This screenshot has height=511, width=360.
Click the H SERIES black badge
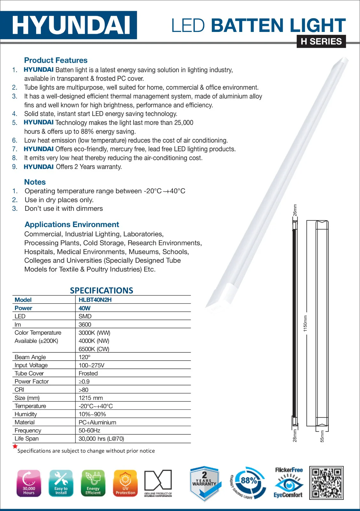[321, 42]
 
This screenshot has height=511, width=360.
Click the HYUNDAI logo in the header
[71, 25]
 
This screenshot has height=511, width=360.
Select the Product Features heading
[56, 60]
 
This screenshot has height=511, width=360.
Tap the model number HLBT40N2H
[95, 300]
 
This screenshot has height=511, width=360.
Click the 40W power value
[84, 308]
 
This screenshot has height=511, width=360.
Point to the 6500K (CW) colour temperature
[94, 349]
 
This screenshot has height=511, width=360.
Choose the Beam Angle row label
[30, 357]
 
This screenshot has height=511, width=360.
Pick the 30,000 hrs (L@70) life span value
[101, 439]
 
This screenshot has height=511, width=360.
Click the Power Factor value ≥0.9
[84, 382]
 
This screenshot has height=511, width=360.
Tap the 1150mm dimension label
[305, 323]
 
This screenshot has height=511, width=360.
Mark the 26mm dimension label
[295, 210]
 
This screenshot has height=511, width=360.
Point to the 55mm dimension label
[322, 436]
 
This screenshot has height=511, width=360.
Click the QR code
[326, 483]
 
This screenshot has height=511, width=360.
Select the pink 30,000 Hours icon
[29, 483]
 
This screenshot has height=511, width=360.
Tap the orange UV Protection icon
[125, 483]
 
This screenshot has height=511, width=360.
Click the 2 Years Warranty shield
[204, 483]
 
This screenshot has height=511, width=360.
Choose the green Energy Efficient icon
[93, 483]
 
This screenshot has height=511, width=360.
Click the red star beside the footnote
[15, 446]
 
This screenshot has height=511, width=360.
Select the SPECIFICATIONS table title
[102, 291]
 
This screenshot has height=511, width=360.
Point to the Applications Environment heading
[72, 225]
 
